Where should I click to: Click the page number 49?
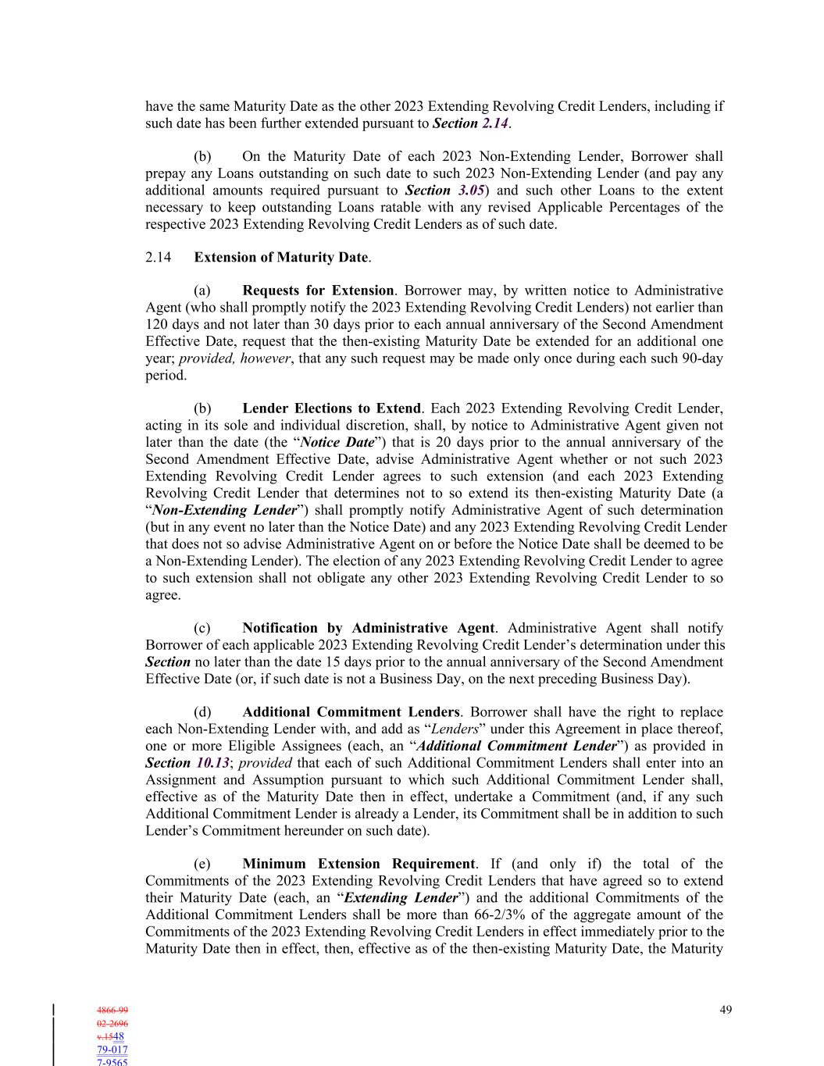(726, 1010)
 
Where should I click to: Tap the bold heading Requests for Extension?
(318, 291)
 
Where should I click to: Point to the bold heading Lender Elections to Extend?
(331, 408)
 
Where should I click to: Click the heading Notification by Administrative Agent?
(368, 628)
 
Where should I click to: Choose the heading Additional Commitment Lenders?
(351, 712)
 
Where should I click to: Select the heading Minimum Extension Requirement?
(358, 864)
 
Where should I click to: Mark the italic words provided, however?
(234, 358)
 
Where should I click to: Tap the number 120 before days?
(156, 324)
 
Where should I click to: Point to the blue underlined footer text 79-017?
(112, 1050)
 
